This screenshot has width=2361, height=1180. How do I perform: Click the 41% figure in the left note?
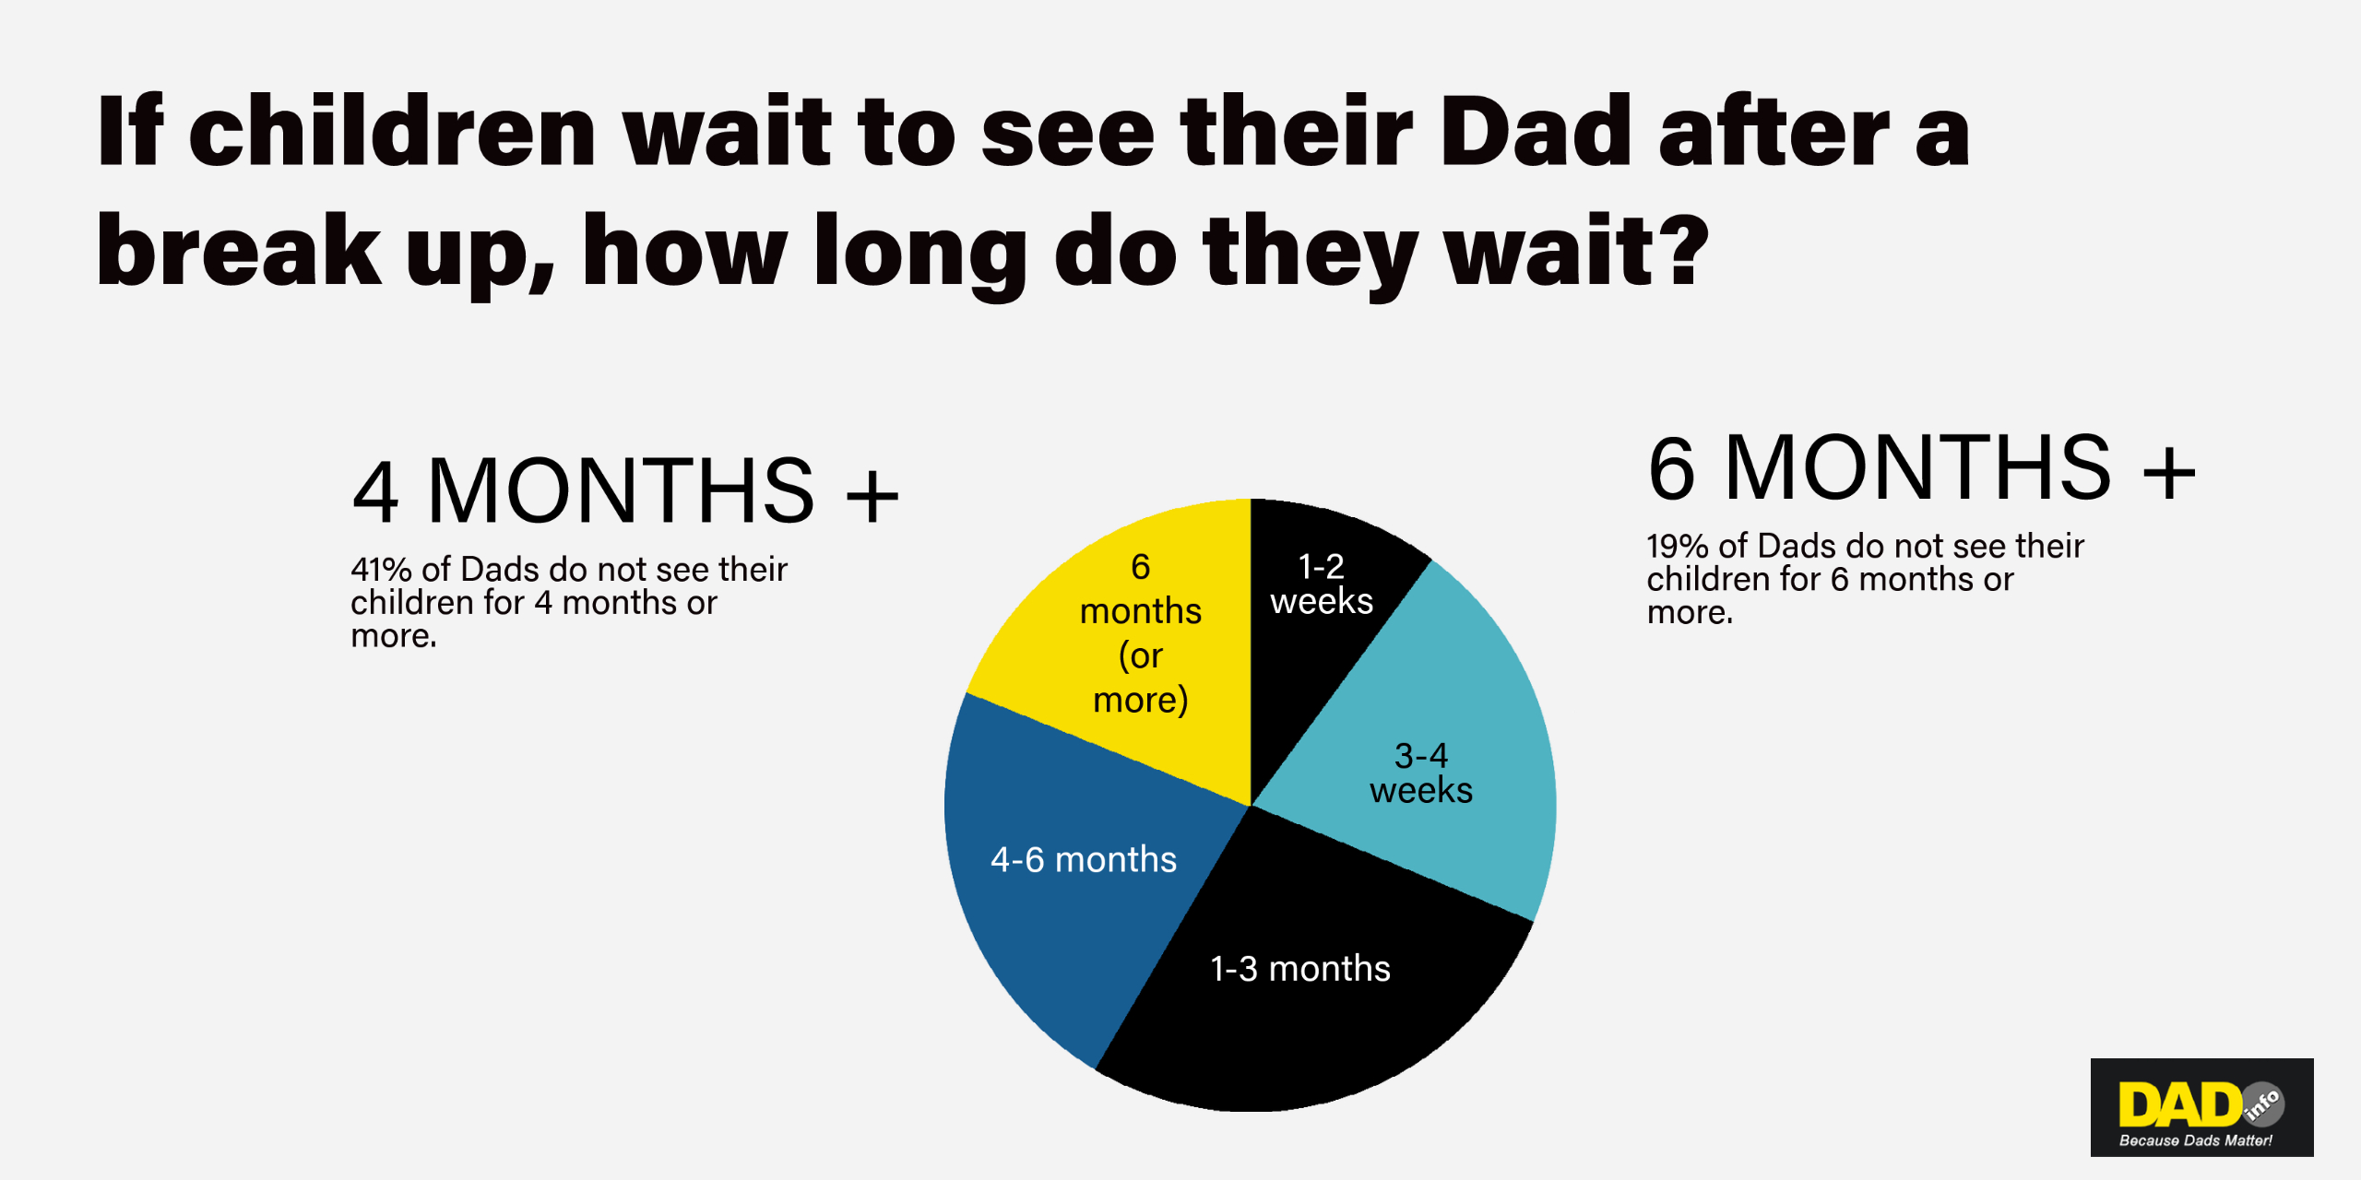(x=381, y=570)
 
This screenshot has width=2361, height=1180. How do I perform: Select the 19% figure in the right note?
(x=1678, y=547)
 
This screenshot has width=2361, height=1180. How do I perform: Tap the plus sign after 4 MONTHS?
(x=872, y=496)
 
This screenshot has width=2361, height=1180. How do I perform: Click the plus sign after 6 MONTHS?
(x=2168, y=473)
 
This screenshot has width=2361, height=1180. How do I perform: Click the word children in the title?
(x=392, y=131)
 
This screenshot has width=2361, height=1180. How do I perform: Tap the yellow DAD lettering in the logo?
(x=2180, y=1103)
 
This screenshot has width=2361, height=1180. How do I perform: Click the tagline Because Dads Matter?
(x=2196, y=1140)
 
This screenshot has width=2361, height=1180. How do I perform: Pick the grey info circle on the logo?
(x=2262, y=1104)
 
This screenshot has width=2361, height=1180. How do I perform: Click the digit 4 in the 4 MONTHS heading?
(x=376, y=491)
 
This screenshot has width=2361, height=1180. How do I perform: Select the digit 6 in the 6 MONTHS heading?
(x=1671, y=468)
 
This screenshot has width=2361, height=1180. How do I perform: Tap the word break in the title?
(x=239, y=249)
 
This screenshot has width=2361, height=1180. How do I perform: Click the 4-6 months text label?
(x=1084, y=859)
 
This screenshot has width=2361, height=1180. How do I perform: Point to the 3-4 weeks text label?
(x=1421, y=773)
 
